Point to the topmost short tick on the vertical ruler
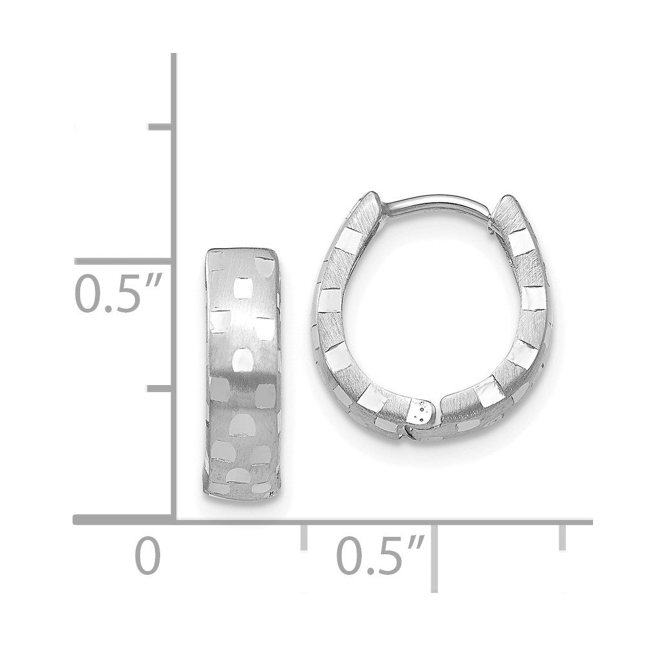(x=161, y=127)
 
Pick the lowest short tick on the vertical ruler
(x=161, y=388)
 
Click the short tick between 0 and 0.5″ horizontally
(x=303, y=537)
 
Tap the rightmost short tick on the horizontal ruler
(x=563, y=537)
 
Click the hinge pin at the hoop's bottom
(x=422, y=410)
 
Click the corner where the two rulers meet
(x=174, y=520)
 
